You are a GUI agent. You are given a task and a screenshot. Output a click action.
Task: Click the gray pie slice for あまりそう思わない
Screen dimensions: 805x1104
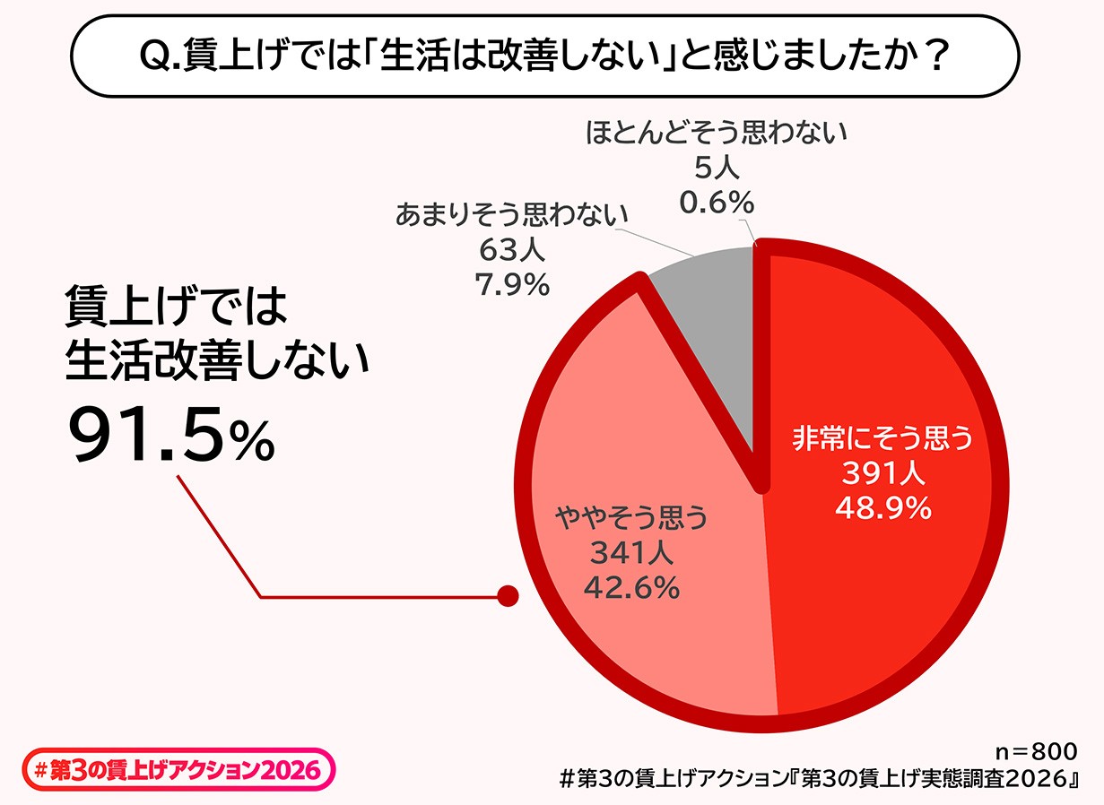[708, 332]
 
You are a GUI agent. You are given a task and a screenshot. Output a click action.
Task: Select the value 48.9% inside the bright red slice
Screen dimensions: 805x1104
[882, 508]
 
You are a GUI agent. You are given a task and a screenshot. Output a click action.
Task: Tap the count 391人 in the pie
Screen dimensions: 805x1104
[882, 472]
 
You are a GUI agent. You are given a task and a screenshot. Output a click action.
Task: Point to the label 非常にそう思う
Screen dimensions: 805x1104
[882, 438]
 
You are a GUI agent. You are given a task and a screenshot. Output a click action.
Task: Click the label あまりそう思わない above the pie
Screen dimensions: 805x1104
[510, 216]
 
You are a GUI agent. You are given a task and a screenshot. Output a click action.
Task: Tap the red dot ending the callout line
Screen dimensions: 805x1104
[508, 596]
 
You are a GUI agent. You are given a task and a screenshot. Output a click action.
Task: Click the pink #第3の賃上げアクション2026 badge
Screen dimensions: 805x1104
[178, 770]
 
